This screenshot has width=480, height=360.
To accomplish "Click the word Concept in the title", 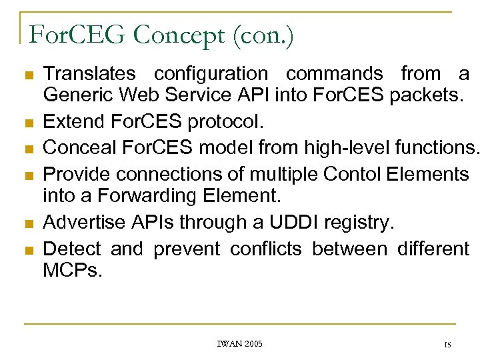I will (x=177, y=35).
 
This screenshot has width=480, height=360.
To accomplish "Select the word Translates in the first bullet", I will (x=89, y=73).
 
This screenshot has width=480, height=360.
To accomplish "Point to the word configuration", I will (x=211, y=73).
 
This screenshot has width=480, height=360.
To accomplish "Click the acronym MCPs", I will (x=73, y=270).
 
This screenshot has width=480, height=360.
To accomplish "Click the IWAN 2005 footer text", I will (x=239, y=343).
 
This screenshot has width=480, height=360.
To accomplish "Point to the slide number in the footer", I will (x=447, y=344).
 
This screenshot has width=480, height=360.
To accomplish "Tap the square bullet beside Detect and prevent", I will (x=27, y=250).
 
